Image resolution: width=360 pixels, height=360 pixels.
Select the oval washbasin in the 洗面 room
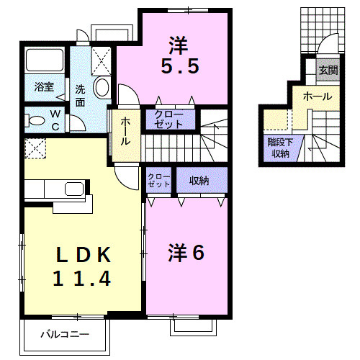pos(102,89)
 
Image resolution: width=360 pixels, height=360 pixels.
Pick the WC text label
pos(55,119)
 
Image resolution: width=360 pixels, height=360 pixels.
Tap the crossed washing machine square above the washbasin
pos(102,57)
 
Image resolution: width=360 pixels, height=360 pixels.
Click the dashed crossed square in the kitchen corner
pos(35,148)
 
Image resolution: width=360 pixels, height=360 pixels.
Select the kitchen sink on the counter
pos(73,191)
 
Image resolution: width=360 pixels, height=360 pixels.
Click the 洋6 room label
pos(187,253)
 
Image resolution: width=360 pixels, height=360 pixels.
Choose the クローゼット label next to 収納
pos(160,181)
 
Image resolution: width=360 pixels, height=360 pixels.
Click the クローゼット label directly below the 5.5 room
pos(169,120)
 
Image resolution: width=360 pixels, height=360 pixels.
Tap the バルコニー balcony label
pos(64,334)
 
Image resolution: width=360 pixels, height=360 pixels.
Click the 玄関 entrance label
pos(328,70)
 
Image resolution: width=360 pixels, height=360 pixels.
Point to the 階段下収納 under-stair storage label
pos(279,147)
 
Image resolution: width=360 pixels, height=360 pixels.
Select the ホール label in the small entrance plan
pos(317,96)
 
